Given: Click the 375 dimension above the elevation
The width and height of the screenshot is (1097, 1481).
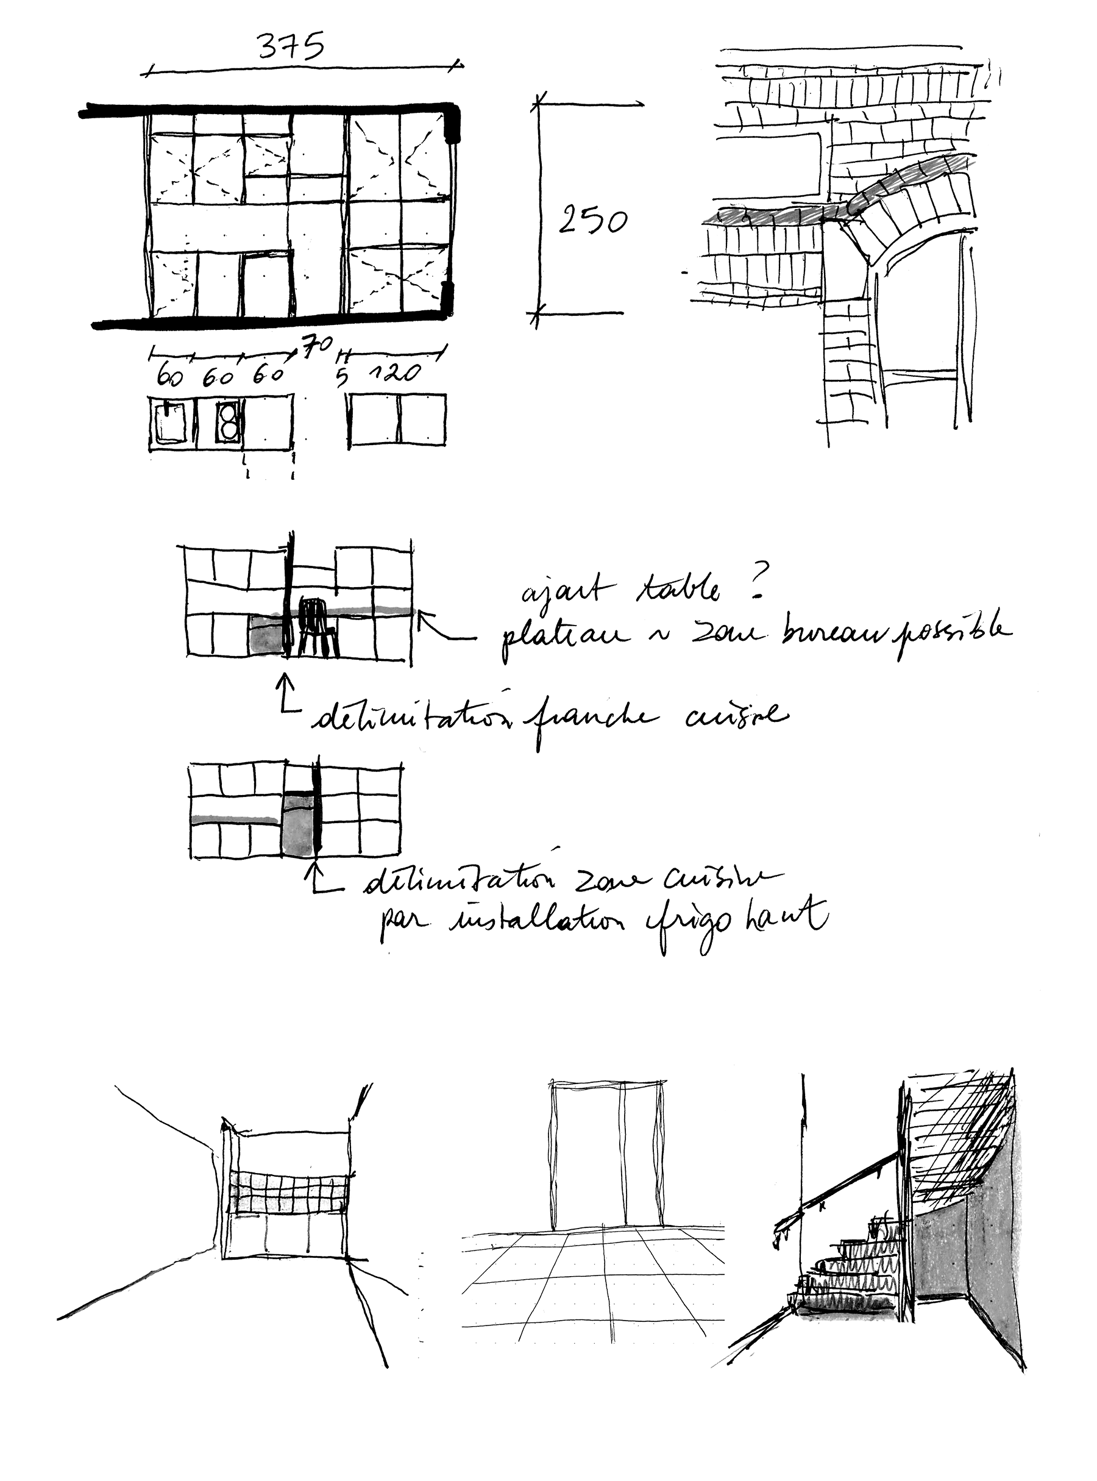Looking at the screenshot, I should pos(291,51).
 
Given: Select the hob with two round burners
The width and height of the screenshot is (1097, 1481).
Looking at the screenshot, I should pos(228,420).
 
